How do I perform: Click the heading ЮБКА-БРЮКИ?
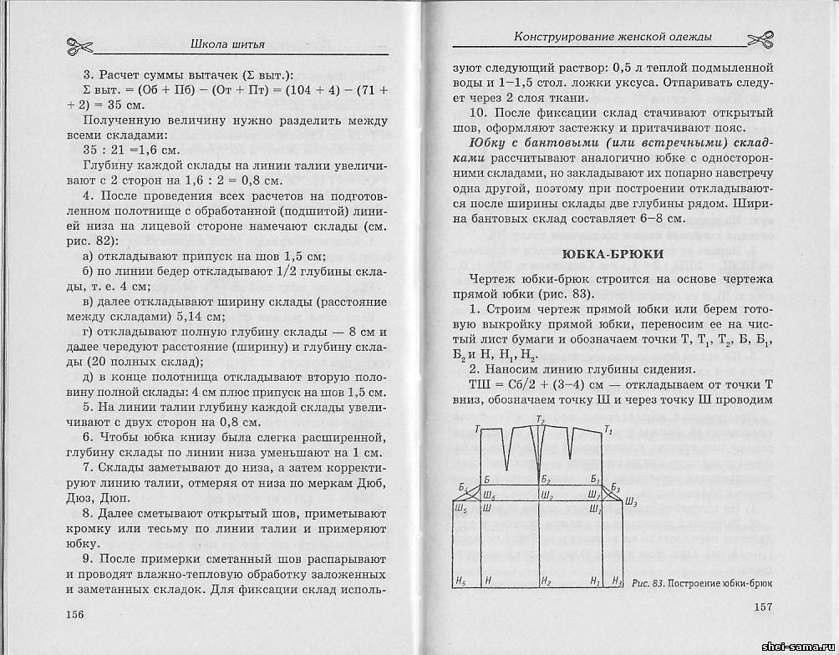[613, 254]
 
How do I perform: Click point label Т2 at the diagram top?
[540, 419]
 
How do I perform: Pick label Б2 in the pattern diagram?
[545, 480]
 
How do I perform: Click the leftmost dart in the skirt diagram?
[506, 447]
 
